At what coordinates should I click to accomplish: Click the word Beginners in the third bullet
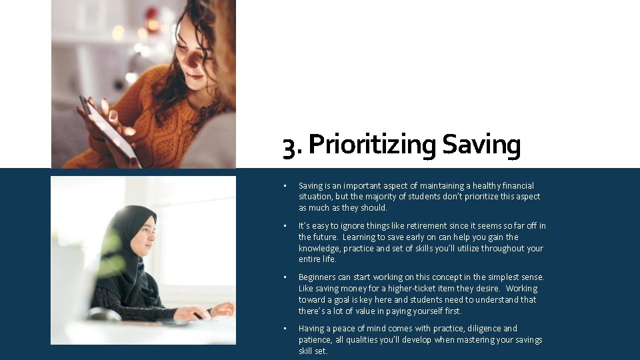click(317, 277)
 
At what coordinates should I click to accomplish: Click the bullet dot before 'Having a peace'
click(284, 329)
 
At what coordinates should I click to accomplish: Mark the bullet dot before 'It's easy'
click(284, 226)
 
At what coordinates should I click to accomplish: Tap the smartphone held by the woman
click(110, 131)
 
